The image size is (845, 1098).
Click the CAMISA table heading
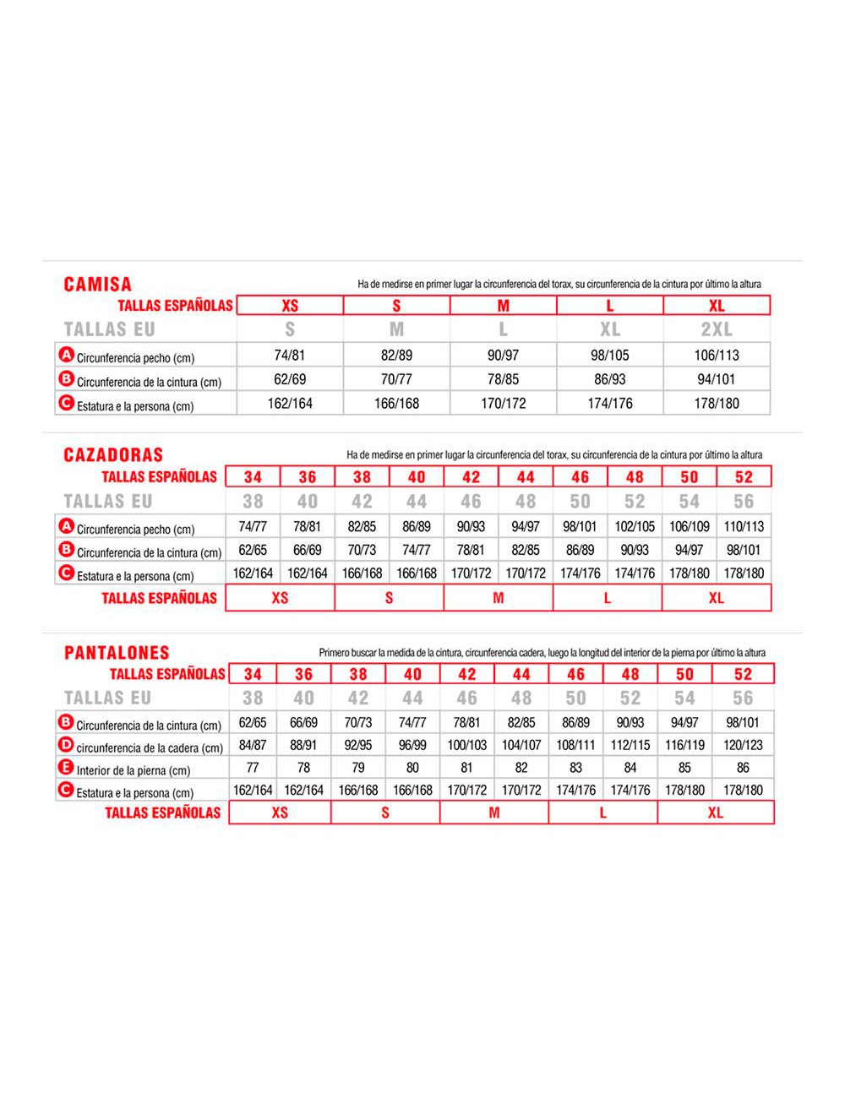pyautogui.click(x=98, y=284)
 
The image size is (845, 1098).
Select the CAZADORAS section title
pyautogui.click(x=113, y=455)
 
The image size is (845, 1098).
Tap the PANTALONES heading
pyautogui.click(x=117, y=653)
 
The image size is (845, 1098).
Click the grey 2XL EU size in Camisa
pyautogui.click(x=717, y=329)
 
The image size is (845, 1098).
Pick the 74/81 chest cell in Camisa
pyautogui.click(x=290, y=356)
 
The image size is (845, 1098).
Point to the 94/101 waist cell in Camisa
pyautogui.click(x=717, y=379)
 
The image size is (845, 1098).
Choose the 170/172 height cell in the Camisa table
pyautogui.click(x=504, y=404)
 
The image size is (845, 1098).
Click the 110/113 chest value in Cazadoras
pyautogui.click(x=744, y=526)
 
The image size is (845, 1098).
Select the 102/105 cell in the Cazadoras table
pyautogui.click(x=635, y=526)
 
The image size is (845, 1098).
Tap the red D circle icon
pyautogui.click(x=66, y=745)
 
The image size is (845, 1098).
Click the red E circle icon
pyautogui.click(x=66, y=768)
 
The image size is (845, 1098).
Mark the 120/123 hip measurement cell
pyautogui.click(x=743, y=745)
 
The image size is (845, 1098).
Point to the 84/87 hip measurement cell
pyautogui.click(x=253, y=745)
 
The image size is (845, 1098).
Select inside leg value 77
pyautogui.click(x=253, y=768)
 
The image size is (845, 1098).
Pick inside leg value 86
pyautogui.click(x=743, y=768)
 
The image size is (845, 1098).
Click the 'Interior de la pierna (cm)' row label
pyautogui.click(x=134, y=770)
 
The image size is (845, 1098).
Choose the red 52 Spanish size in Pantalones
pyautogui.click(x=743, y=674)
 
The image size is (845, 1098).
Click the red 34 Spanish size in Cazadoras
pyautogui.click(x=253, y=477)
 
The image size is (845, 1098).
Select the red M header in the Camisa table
pyautogui.click(x=504, y=306)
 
